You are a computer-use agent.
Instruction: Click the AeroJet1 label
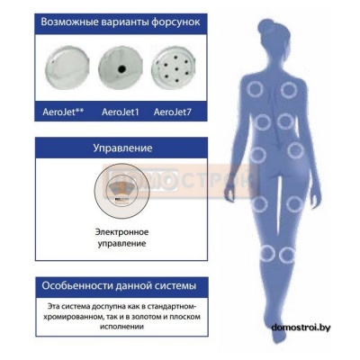(121, 112)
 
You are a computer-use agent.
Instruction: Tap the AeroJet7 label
(173, 112)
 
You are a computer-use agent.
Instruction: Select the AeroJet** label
(63, 112)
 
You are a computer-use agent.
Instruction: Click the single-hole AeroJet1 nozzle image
(121, 67)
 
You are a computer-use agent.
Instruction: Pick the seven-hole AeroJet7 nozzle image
(174, 67)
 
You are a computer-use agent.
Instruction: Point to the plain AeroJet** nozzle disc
(67, 67)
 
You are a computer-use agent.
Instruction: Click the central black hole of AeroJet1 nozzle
(121, 69)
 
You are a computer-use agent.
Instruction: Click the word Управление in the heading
(122, 148)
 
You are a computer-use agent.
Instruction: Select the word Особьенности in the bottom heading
(77, 285)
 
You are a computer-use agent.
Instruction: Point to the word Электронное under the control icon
(121, 232)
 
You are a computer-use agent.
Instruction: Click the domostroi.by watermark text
(301, 328)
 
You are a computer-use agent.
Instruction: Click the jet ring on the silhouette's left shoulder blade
(256, 88)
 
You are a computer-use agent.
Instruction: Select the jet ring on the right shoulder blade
(289, 89)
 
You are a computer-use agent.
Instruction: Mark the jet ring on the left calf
(266, 254)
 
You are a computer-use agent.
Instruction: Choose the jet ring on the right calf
(287, 255)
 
